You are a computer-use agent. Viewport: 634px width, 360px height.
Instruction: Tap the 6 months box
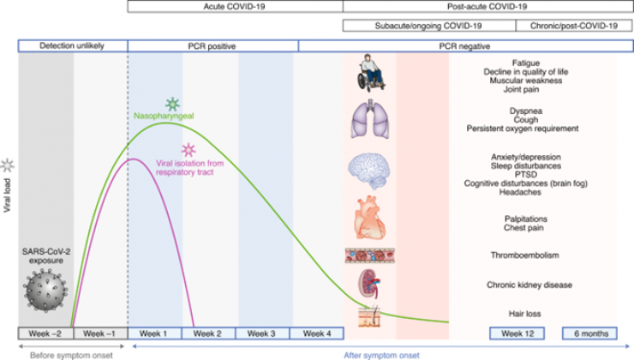tap(589, 333)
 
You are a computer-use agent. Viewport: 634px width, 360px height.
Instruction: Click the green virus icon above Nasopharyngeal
tap(173, 105)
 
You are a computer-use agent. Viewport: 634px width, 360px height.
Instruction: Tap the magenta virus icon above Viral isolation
tap(187, 150)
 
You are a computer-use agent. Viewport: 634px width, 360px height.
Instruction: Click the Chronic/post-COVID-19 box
tap(566, 26)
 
